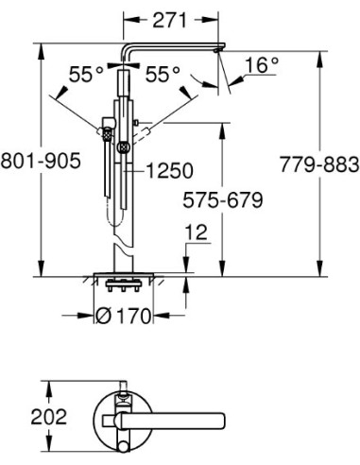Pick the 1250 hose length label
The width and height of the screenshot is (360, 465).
click(169, 171)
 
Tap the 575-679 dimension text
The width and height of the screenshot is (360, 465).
click(222, 200)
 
